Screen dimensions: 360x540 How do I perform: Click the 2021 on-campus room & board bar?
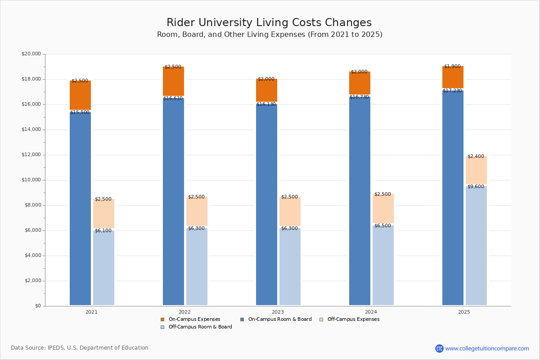pos(80,207)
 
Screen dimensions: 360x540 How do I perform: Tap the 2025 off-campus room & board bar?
pos(476,245)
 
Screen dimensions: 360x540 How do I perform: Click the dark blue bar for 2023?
pos(266,205)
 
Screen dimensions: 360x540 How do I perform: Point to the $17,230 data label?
pos(452,91)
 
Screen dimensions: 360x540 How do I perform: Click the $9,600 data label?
pos(476,187)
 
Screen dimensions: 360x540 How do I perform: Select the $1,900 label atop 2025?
pos(452,67)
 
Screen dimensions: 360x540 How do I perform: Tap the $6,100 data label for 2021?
pos(103,231)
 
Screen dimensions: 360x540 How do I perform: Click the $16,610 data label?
pos(173,99)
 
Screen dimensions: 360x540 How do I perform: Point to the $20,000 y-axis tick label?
pos(31,54)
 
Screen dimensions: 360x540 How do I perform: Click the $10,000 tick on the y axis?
pos(31,180)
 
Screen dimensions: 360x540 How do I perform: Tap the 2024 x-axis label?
pos(371,312)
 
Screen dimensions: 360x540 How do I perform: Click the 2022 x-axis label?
pos(184,312)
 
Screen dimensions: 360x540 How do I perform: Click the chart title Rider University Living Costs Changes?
pos(269,23)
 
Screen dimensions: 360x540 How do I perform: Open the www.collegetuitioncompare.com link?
pos(487,348)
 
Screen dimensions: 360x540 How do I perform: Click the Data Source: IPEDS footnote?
pos(80,348)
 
